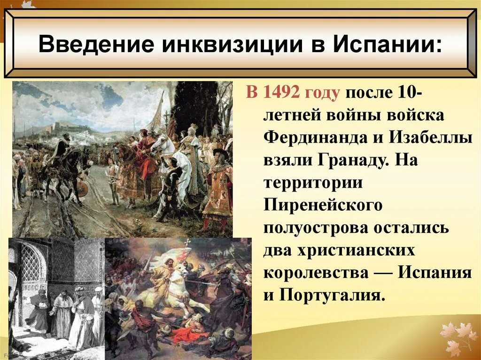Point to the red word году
point(323,93)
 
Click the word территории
point(313,183)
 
